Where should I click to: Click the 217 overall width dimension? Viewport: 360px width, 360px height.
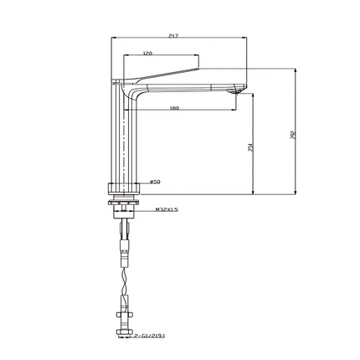172,36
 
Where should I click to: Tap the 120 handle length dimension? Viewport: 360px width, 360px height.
147,54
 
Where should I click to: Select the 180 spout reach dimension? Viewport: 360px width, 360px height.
174,108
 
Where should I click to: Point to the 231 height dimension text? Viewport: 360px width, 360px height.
250,147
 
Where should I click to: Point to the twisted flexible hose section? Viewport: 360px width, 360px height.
126,276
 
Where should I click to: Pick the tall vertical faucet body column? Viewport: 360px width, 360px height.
123,134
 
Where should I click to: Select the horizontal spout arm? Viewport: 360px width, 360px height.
193,87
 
